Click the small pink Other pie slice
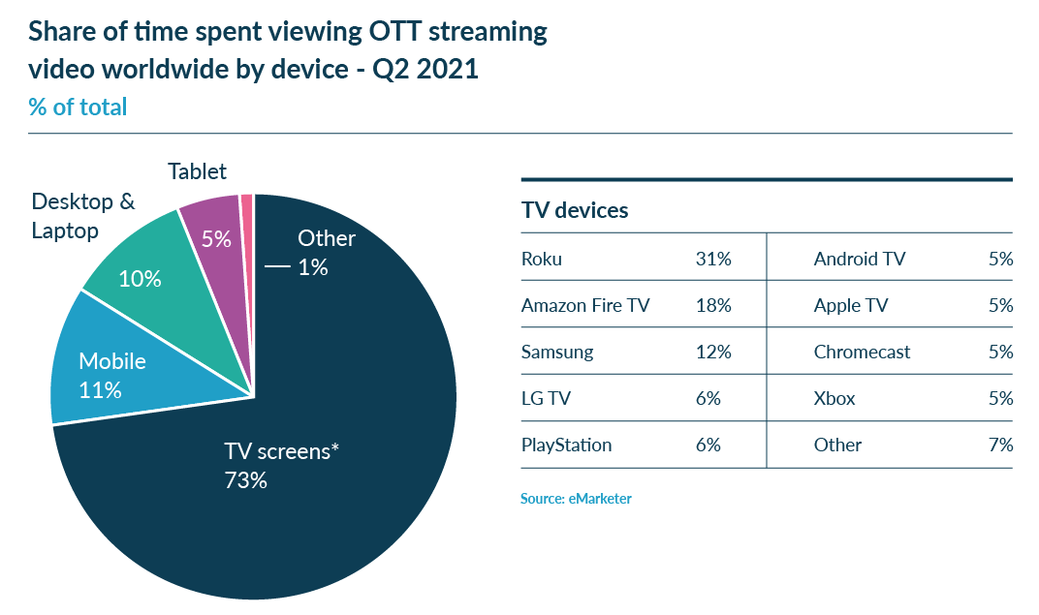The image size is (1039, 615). coord(247,203)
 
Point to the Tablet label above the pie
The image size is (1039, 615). coord(197,171)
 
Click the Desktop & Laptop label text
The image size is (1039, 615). coord(82,216)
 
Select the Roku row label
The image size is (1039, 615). coord(541,259)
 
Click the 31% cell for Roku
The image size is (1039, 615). coord(712,259)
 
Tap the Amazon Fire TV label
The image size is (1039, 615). coord(585,305)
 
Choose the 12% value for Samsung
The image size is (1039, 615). coord(712,352)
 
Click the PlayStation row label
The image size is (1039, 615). coord(566,445)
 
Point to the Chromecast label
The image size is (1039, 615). coord(862,352)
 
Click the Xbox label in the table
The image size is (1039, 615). coord(834,398)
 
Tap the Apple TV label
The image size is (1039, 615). coord(850,305)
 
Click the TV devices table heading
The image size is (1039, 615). coord(575,210)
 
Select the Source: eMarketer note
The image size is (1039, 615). coord(576,499)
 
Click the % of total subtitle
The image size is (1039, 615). coord(78,107)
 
